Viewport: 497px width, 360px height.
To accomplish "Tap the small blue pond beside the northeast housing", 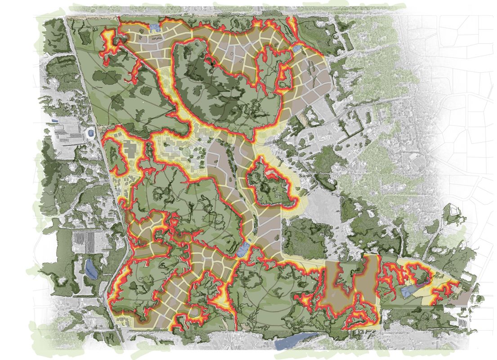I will point(297,48).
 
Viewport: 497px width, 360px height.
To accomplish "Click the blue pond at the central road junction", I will point(242,251).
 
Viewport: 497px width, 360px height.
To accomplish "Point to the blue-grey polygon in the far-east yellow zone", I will point(407,291).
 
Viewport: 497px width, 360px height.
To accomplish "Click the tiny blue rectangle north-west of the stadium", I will point(55,121).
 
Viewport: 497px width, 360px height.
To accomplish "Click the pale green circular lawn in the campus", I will point(185,153).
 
